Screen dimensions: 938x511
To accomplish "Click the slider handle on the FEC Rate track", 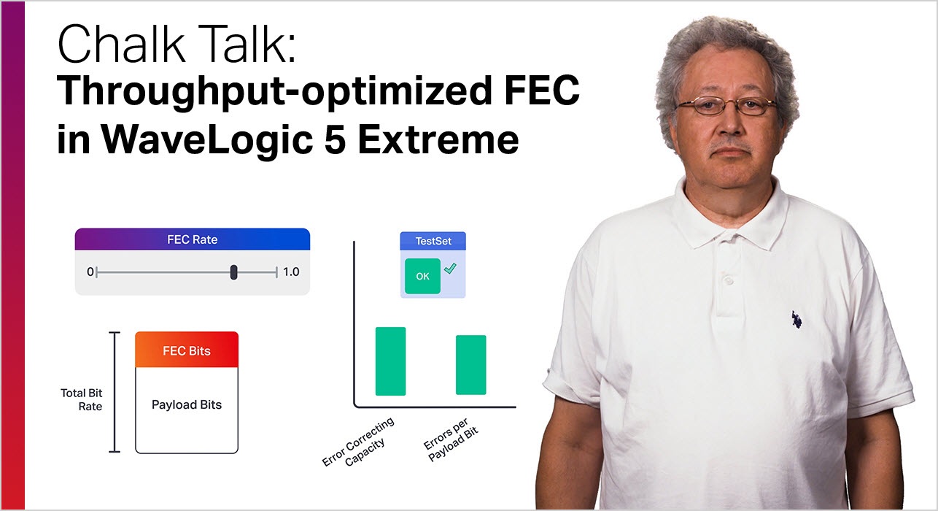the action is point(233,272).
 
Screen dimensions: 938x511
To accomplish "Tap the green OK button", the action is point(422,276).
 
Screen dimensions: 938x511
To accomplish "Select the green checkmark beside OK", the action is point(450,268).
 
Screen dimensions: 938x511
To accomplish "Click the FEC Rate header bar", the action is point(193,239).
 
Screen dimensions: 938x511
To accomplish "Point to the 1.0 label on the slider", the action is point(291,272).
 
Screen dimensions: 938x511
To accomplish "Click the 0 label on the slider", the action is point(90,272).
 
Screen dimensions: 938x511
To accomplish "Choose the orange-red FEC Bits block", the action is point(187,350).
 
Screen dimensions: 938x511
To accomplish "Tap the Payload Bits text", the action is point(187,404).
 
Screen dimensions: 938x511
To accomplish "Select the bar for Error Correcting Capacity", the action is point(390,361).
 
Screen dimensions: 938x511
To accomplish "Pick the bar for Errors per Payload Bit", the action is point(470,365).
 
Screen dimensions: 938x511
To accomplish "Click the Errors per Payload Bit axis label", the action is point(451,439).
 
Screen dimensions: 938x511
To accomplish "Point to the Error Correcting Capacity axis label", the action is point(358,442).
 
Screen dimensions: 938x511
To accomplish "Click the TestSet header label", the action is point(433,241).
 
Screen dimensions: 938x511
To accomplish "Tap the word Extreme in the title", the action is point(438,139).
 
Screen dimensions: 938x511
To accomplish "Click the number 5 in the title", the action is point(335,140).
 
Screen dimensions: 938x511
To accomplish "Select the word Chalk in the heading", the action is point(121,44).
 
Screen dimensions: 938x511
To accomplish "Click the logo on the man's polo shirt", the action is point(796,320).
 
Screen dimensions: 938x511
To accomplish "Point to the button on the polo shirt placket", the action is point(729,280).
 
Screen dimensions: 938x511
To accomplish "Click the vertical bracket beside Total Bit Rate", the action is point(115,392).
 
